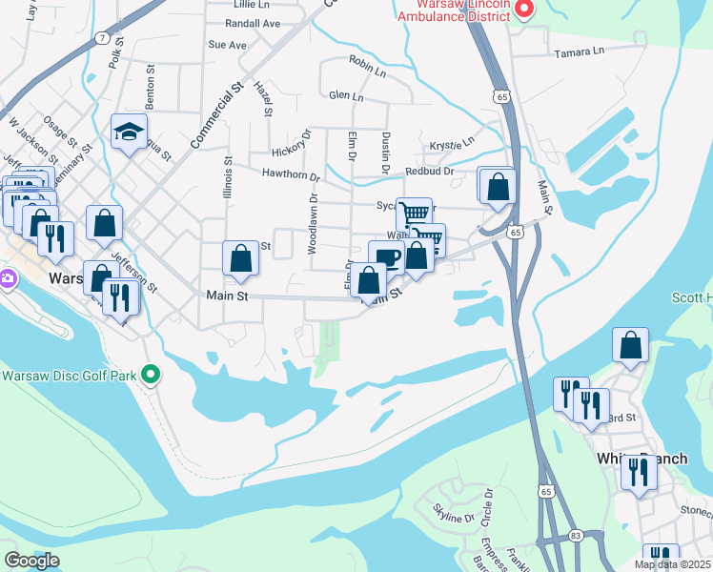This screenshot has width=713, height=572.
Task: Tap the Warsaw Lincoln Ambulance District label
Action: click(452, 10)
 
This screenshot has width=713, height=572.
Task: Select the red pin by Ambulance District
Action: click(523, 10)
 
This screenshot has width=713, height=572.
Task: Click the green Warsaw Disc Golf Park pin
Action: click(150, 374)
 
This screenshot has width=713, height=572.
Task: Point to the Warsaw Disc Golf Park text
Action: click(69, 374)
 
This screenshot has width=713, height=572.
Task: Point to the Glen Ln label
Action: click(346, 96)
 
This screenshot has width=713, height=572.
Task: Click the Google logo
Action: click(31, 560)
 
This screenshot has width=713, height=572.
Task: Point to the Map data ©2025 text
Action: click(671, 564)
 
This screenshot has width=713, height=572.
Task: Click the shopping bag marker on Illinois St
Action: click(241, 259)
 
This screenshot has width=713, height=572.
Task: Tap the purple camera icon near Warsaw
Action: click(7, 280)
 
